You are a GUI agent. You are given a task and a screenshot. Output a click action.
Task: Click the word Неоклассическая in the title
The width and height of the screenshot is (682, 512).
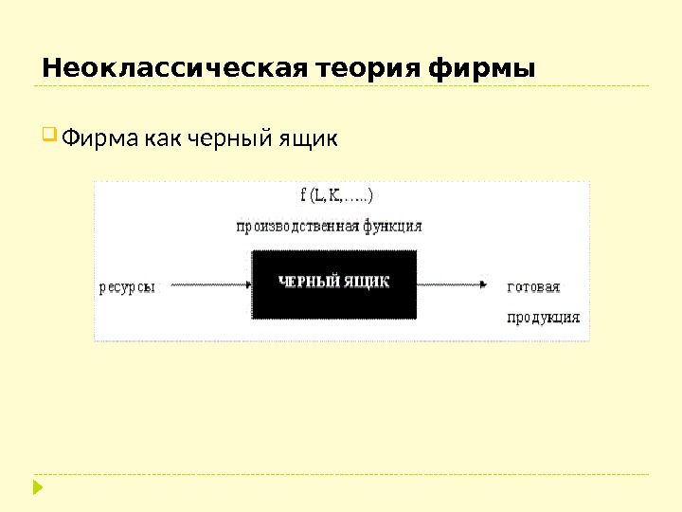click(174, 69)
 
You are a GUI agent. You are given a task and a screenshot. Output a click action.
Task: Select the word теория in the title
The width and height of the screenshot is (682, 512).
click(368, 69)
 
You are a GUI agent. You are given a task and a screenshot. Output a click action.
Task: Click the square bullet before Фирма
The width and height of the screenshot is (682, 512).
click(49, 137)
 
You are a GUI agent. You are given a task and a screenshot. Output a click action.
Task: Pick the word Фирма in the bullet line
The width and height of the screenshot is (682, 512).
click(99, 139)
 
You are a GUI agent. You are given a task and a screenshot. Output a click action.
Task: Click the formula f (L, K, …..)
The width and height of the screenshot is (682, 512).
click(336, 196)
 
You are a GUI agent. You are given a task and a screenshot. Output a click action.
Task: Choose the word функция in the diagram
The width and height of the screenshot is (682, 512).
click(392, 227)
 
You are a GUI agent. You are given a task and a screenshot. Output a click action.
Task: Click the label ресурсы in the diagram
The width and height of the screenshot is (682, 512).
click(127, 287)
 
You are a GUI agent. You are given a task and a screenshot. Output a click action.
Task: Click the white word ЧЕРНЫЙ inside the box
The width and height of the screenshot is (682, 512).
click(308, 282)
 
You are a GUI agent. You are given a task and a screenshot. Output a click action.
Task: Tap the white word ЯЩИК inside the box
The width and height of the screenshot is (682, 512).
click(366, 282)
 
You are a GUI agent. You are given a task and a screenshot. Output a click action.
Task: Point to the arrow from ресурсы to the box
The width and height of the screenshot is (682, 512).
click(205, 283)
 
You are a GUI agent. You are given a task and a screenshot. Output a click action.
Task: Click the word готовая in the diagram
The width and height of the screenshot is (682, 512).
click(534, 286)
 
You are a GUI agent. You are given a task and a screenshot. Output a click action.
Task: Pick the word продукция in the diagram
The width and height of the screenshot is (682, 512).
click(543, 318)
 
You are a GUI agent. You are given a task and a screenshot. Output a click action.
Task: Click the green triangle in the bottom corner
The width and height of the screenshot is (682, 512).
click(38, 488)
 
